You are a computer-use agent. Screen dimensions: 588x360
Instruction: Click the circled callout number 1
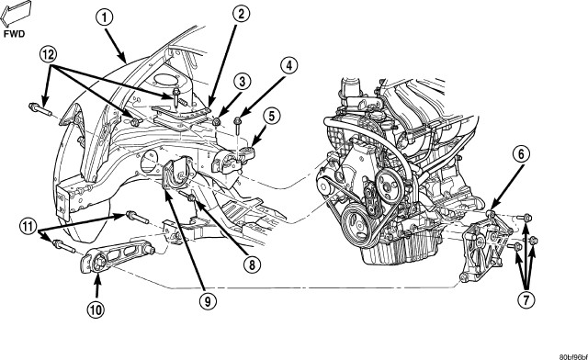point(105,18)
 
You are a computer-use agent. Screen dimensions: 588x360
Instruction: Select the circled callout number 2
point(241,15)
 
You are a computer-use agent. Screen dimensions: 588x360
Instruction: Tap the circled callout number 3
point(243,82)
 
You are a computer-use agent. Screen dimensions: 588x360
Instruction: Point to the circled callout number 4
point(288,66)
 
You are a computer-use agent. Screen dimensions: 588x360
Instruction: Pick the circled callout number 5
point(271,116)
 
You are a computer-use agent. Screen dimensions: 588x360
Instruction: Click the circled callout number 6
point(524,153)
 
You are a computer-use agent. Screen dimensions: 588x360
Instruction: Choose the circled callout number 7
point(526,299)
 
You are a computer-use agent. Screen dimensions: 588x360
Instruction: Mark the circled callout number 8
point(251,264)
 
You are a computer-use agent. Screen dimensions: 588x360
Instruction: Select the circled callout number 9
point(208,300)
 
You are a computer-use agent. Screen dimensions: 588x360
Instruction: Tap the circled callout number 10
point(96,309)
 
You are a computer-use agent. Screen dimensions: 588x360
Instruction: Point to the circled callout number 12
point(48,55)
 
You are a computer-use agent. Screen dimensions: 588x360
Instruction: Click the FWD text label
point(14,34)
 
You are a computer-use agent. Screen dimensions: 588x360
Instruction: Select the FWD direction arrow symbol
point(15,14)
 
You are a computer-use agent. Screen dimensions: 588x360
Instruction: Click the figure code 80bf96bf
point(573,356)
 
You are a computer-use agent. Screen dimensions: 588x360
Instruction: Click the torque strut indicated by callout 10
point(118,255)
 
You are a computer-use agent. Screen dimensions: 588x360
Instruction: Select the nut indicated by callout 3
point(217,121)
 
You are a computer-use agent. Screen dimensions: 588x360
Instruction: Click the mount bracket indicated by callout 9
point(178,174)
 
